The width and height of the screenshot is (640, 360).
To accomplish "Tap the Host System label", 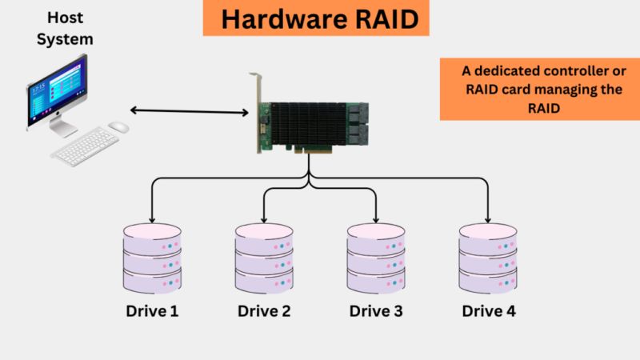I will coord(68,28).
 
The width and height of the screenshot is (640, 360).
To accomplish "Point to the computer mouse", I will coord(118,126).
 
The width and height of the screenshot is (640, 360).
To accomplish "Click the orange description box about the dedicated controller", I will coord(539,90).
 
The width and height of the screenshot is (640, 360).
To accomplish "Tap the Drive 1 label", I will coord(152,310).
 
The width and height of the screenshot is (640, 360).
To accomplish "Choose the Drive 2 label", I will coord(264,310).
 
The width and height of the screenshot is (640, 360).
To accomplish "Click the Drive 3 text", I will coord(375,310).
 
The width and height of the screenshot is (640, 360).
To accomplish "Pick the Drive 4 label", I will coord(488,310).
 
